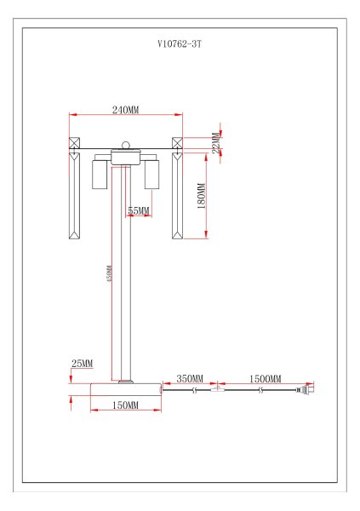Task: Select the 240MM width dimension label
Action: pyautogui.click(x=126, y=110)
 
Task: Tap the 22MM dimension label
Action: pyautogui.click(x=217, y=141)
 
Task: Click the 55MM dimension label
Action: pyautogui.click(x=139, y=210)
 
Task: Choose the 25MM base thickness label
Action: pyautogui.click(x=82, y=364)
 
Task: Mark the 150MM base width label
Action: pyautogui.click(x=126, y=405)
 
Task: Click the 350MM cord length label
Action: pyautogui.click(x=189, y=378)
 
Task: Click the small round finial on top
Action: pyautogui.click(x=126, y=146)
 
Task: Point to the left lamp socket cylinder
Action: pyautogui.click(x=99, y=175)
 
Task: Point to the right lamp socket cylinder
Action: pyautogui.click(x=152, y=175)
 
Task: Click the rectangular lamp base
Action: pyautogui.click(x=126, y=389)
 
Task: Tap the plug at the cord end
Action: pyautogui.click(x=304, y=391)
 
